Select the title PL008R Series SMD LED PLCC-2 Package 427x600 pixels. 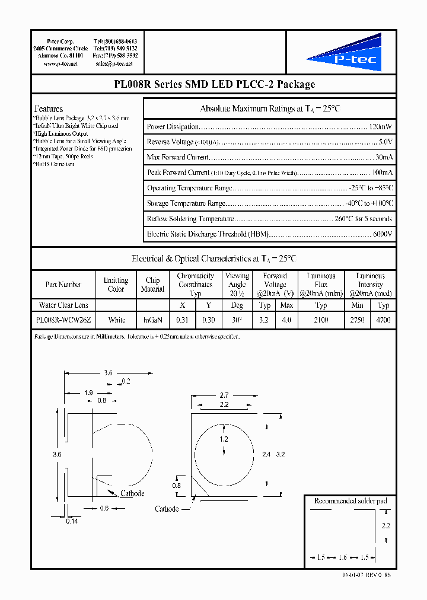tap(213, 85)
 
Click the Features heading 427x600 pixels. tap(49, 109)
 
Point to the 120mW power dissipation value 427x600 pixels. tap(380, 127)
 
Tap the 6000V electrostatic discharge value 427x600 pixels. tap(383, 234)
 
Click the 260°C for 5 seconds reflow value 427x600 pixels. tap(364, 219)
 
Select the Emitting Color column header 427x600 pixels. tap(116, 285)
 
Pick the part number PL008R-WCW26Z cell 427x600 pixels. tap(63, 320)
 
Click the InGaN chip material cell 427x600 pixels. tap(152, 320)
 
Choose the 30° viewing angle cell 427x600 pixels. tap(237, 320)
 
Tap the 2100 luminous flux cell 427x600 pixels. tap(321, 320)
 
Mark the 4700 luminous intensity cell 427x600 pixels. tap(383, 320)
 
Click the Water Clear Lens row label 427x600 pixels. tap(63, 305)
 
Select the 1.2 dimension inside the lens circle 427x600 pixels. tap(224, 439)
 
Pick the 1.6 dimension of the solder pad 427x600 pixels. tap(343, 557)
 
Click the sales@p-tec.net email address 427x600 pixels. tap(114, 63)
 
